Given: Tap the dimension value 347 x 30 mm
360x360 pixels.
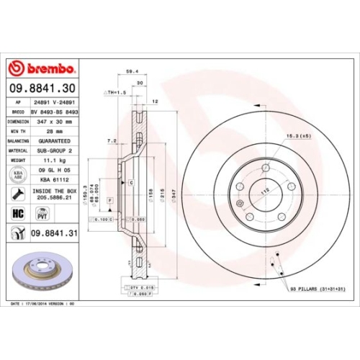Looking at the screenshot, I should [x=56, y=122].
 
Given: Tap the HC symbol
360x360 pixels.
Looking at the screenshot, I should [x=19, y=213].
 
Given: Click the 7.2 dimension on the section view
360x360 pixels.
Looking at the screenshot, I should [x=111, y=140].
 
